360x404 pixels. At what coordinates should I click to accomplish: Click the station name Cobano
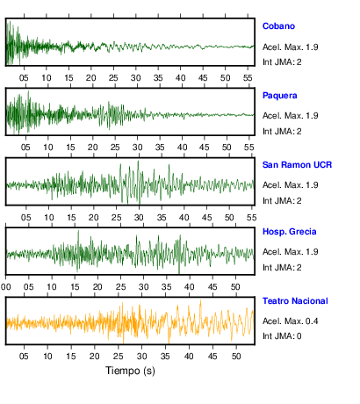pos(278,26)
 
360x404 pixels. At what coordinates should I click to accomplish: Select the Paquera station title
pos(280,96)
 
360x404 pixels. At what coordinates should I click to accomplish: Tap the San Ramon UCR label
pos(297,165)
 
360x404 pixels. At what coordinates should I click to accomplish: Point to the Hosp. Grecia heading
pos(290,232)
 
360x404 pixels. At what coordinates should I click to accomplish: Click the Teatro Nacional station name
pos(295,301)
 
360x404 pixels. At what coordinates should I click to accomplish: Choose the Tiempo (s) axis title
pos(130,371)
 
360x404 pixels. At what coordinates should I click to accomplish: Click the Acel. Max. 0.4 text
pos(291,321)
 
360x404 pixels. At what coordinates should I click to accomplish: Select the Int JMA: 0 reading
pos(282,335)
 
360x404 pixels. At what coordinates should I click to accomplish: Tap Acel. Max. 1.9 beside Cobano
pos(291,47)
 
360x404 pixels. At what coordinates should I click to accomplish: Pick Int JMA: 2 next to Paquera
pos(282,131)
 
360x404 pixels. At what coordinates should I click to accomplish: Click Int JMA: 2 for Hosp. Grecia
pos(282,267)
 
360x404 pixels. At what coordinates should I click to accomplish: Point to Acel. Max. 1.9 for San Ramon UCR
pos(291,185)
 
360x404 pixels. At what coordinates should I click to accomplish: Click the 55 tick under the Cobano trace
pos(248,78)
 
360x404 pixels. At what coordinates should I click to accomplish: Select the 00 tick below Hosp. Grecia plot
pos(5,287)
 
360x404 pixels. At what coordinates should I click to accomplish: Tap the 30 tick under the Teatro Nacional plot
pos(141,357)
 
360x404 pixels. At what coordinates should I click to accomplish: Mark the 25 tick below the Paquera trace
pos(115,147)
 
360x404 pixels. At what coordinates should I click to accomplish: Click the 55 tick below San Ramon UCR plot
pos(252,218)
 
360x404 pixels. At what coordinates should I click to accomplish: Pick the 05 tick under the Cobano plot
pos(24,78)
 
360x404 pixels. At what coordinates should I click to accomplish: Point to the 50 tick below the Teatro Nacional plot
pos(236,357)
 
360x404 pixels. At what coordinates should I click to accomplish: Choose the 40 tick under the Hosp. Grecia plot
pos(190,287)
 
